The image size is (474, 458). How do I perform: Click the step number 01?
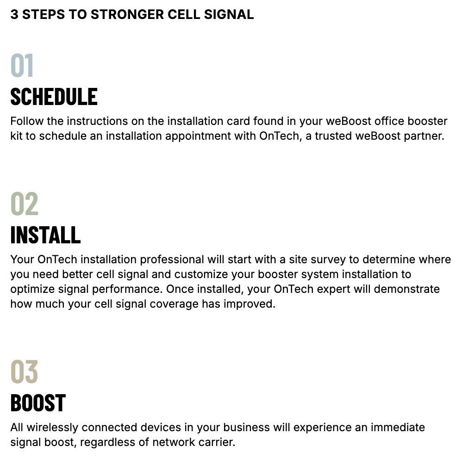coord(22,65)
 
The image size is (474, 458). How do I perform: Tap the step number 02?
coord(25,204)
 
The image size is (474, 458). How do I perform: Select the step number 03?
coord(24,371)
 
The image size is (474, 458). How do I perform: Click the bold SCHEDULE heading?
coord(54,97)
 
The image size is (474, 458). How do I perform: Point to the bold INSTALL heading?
coord(46,235)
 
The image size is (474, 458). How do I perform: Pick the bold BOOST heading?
coord(38,402)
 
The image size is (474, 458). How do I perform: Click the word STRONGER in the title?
coord(127,14)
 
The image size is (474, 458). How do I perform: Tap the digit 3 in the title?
coord(14,14)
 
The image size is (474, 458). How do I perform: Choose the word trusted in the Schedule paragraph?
coord(333,136)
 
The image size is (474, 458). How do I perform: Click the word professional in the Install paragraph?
coord(172,260)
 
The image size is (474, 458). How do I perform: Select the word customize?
coord(201,274)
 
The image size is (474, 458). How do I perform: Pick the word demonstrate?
coord(406,289)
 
